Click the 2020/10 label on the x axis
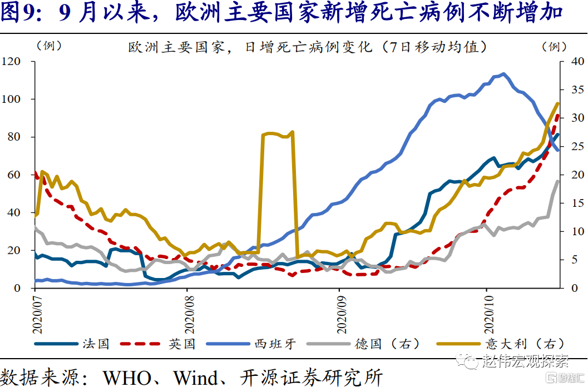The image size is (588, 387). (487, 311)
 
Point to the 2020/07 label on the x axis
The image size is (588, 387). (35, 311)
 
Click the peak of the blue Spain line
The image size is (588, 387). (503, 73)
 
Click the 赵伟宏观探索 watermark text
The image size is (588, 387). (525, 362)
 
